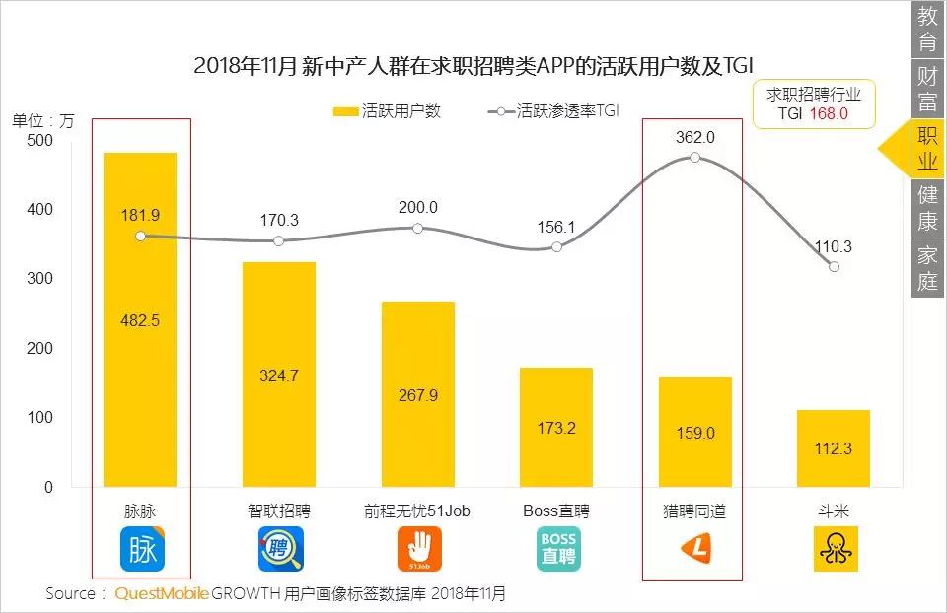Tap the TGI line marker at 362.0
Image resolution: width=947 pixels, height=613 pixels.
tap(695, 158)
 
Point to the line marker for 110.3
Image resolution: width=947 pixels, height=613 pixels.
tap(835, 266)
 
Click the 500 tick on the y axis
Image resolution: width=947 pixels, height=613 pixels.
tap(38, 141)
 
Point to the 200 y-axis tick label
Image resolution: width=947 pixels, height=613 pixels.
tap(38, 349)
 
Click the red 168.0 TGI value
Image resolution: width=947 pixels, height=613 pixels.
tap(829, 114)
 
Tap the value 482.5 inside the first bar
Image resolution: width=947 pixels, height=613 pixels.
tap(140, 320)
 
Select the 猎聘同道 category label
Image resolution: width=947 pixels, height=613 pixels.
tap(695, 511)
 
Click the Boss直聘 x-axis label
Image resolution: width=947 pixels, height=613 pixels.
tap(557, 511)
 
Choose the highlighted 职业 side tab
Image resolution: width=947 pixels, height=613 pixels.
tap(927, 149)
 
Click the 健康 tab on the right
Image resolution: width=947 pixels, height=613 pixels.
tap(927, 208)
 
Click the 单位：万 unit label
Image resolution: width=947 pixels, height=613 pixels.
tap(42, 121)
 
